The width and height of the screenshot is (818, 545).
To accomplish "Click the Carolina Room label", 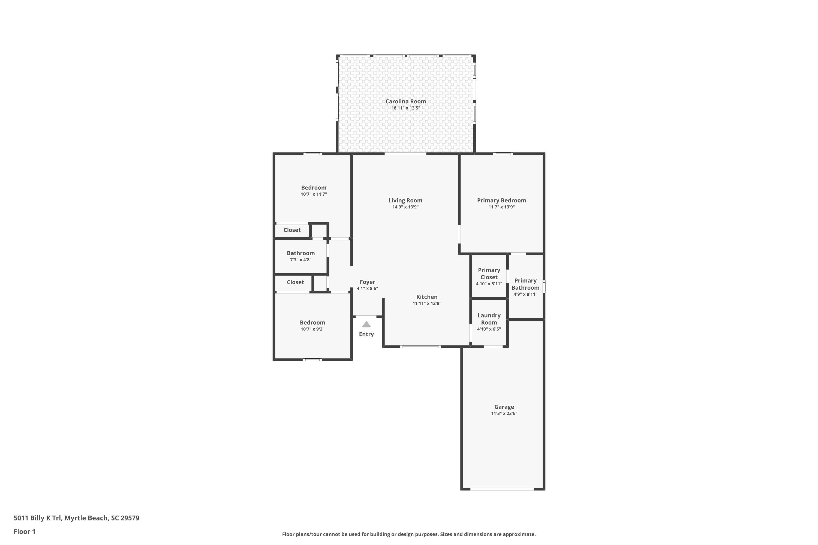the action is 405,101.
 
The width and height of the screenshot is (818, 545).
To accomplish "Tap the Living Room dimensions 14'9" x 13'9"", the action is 405,207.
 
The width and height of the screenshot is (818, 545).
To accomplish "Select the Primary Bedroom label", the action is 501,201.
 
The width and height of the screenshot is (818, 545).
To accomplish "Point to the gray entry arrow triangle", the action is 366,324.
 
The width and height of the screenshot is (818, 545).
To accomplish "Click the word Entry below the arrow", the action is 366,334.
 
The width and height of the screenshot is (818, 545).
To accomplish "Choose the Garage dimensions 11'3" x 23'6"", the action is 504,414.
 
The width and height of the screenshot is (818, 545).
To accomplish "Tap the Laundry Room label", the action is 489,319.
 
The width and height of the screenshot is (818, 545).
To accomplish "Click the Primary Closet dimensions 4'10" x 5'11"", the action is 489,284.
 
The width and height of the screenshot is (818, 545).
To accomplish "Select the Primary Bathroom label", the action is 525,284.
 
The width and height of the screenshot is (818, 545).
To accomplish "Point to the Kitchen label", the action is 427,297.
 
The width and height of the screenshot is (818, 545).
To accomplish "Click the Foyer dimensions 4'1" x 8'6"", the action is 367,289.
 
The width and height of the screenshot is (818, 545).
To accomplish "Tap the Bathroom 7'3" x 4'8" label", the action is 301,256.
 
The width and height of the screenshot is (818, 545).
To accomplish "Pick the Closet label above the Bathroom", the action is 292,230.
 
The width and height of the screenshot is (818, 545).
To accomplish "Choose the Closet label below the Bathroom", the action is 295,282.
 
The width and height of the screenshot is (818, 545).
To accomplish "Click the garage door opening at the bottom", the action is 502,489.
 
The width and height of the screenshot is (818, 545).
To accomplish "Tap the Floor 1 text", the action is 24,531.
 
